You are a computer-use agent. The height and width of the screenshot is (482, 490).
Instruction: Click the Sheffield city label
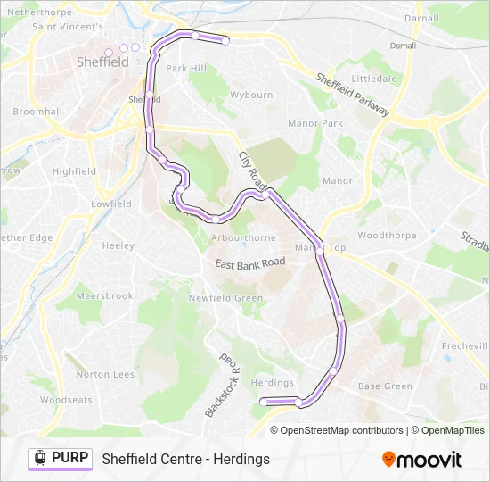point(102,62)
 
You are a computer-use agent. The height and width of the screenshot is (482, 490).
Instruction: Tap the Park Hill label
point(185,69)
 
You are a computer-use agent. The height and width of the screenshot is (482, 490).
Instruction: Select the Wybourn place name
point(251,95)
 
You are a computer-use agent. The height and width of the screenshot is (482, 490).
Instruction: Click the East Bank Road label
point(250,262)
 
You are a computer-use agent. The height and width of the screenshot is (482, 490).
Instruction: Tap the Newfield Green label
point(225,298)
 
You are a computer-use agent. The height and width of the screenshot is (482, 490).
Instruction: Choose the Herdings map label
point(273,383)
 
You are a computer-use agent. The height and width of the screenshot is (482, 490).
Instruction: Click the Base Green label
point(385,386)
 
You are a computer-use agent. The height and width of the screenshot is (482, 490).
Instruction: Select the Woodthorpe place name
point(387,236)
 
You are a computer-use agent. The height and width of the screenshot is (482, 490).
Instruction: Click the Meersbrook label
point(104,296)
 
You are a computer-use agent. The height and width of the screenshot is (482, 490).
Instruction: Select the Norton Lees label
point(105,375)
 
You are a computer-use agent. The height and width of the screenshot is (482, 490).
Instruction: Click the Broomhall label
point(37,112)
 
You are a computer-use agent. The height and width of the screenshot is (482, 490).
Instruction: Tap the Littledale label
point(373,79)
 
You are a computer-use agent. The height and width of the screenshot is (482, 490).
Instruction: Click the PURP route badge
point(60,459)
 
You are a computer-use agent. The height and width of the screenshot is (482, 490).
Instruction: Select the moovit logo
point(422,460)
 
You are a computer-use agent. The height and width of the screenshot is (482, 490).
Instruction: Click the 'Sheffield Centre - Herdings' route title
point(185,460)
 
